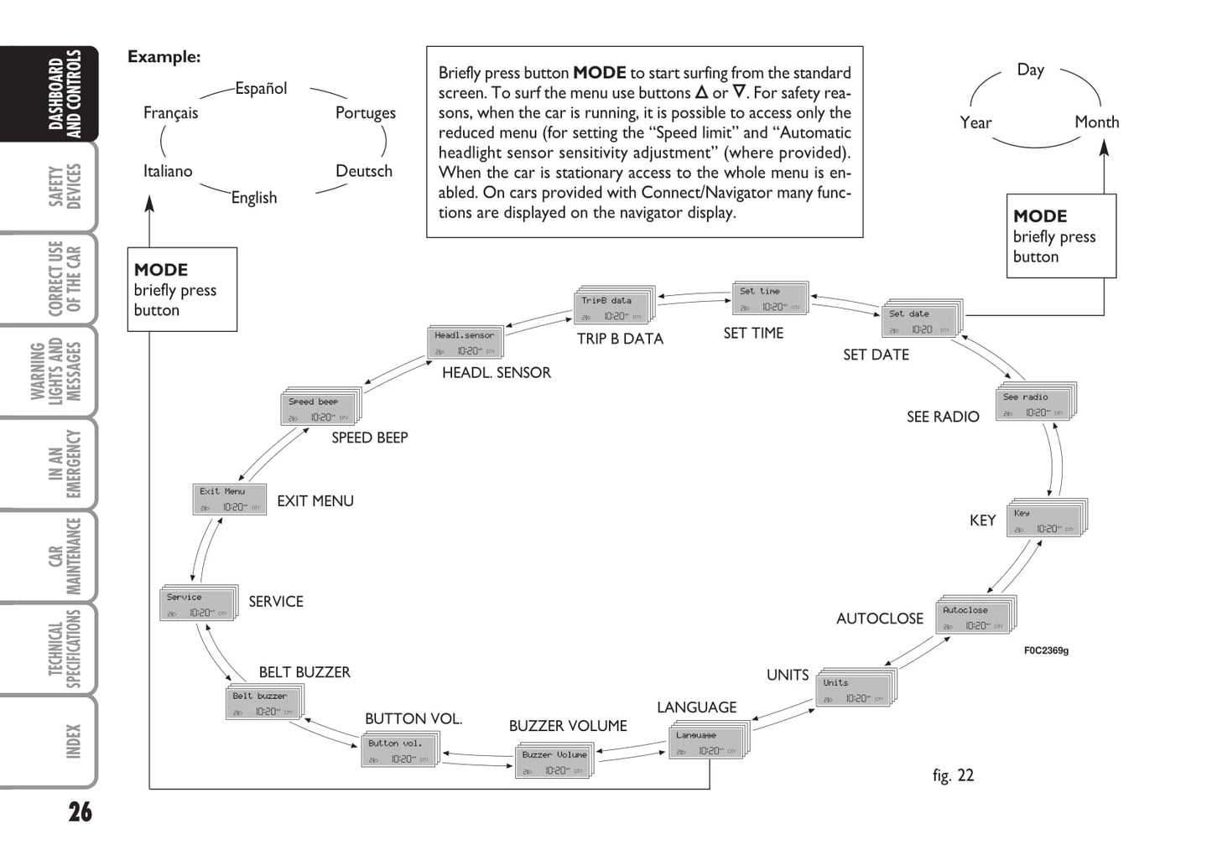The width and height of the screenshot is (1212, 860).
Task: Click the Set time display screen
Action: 769,299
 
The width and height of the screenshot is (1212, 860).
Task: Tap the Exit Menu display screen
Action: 229,500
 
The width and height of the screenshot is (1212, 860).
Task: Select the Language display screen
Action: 706,743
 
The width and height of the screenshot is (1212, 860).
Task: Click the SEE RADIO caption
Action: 943,417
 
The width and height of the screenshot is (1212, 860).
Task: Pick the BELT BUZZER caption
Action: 304,672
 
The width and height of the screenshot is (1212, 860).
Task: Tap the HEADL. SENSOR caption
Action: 497,373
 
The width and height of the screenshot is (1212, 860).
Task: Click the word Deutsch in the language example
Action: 364,171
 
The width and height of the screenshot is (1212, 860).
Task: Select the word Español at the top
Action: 261,88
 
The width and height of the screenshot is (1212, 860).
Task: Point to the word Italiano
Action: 168,171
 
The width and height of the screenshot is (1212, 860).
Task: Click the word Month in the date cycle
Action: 1096,122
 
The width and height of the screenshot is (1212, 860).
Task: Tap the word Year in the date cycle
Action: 975,123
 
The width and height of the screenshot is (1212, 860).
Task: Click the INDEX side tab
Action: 73,742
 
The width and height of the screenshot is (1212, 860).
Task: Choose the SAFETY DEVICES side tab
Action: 65,186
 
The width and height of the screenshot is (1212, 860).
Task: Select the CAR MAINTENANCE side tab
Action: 65,556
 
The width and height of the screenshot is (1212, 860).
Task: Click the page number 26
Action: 81,812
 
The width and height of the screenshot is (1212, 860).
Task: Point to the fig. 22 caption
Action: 953,775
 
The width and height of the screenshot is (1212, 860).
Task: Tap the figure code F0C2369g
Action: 1046,650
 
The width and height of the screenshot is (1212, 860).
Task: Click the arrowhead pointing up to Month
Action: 1104,148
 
